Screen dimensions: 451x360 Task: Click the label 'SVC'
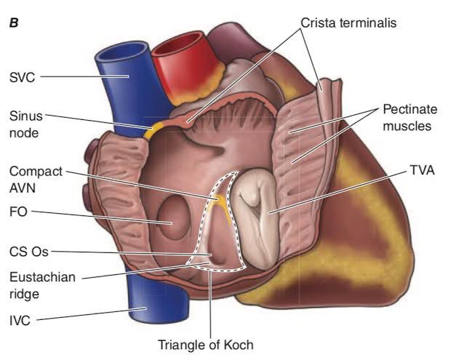(22, 77)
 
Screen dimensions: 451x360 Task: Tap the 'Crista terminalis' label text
(348, 23)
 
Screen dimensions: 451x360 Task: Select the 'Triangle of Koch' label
(206, 345)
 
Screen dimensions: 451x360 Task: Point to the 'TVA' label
(422, 170)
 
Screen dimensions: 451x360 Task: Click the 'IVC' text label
(20, 321)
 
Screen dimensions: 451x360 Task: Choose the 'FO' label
(18, 212)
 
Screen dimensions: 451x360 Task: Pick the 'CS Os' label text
(29, 252)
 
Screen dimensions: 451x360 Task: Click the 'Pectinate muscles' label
(410, 118)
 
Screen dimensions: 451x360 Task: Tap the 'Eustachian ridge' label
(42, 285)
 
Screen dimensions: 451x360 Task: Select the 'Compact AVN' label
(36, 180)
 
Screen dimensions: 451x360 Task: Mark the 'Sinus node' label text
(25, 124)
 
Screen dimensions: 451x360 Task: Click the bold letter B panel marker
(14, 23)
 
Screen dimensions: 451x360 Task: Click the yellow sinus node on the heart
(153, 129)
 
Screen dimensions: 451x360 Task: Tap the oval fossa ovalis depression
(174, 217)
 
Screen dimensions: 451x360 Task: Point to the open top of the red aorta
(182, 43)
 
